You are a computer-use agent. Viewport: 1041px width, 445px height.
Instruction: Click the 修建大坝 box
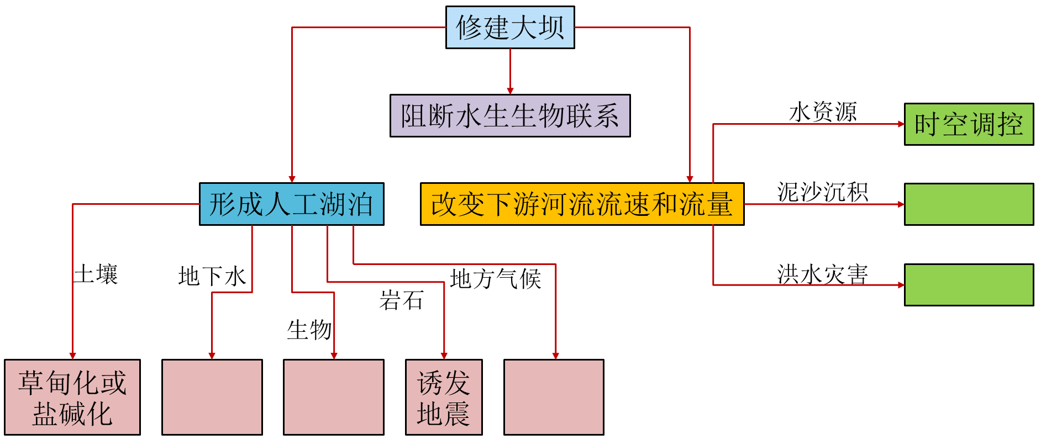509,27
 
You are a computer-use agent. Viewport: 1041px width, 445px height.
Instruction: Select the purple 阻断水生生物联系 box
509,115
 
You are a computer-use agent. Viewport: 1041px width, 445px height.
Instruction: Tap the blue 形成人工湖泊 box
291,204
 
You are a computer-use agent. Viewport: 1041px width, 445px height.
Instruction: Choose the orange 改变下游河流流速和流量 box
582,204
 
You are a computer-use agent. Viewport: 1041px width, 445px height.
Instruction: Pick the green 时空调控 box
969,124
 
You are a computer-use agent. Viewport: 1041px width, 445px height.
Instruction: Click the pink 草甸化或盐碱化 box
72,397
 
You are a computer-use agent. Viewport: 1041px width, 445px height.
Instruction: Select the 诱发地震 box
444,397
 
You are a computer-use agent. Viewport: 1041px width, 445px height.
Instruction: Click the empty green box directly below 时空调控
969,204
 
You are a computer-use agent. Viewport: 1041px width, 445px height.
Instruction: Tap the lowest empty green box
969,285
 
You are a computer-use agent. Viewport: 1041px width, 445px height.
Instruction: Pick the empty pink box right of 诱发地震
554,397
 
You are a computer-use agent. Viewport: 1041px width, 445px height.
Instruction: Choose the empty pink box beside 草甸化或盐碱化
212,397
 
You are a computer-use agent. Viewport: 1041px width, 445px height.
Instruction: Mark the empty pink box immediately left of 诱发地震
334,397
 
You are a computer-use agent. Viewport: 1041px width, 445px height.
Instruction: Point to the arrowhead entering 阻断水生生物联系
510,91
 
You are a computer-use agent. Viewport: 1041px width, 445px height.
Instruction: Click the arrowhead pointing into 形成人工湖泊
292,179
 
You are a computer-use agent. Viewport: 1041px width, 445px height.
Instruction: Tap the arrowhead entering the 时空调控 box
901,124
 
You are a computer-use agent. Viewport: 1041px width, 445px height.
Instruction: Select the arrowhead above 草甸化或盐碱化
72,356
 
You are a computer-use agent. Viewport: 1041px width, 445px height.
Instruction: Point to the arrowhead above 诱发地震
444,356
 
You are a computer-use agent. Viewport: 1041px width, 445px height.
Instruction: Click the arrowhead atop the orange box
690,179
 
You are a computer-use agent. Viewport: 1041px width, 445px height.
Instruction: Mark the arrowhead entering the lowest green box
901,285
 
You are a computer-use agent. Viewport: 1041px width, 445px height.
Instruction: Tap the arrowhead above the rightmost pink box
555,356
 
